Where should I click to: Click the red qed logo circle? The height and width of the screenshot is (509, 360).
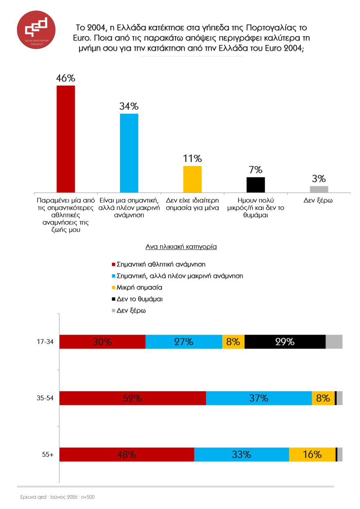[36, 29]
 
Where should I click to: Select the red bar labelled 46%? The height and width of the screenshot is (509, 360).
[66, 139]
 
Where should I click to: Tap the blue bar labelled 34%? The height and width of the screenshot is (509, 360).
[129, 153]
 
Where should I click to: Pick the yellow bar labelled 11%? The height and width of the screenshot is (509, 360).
[192, 179]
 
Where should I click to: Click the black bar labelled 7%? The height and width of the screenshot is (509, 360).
[256, 185]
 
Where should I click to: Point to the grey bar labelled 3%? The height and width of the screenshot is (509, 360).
[319, 189]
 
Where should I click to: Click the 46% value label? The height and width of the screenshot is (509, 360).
[66, 78]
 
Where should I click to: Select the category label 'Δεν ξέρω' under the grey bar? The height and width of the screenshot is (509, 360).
[318, 200]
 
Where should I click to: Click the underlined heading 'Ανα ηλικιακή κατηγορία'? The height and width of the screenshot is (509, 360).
[181, 247]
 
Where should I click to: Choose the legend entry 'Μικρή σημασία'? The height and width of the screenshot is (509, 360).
[137, 287]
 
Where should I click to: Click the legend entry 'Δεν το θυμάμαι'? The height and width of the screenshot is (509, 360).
[137, 299]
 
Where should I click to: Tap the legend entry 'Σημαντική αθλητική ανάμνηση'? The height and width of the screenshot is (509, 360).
[158, 265]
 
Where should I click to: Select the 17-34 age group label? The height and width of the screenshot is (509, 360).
[45, 342]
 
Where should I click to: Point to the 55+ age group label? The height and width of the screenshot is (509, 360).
[48, 455]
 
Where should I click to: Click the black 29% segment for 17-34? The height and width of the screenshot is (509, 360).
[285, 342]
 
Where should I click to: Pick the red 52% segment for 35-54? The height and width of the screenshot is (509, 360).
[133, 398]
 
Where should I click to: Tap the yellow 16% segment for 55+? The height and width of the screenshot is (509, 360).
[312, 455]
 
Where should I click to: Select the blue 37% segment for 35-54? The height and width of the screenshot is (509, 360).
[259, 398]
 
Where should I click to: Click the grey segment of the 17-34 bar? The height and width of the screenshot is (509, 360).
[334, 342]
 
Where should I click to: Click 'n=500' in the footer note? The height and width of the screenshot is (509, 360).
[88, 497]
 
